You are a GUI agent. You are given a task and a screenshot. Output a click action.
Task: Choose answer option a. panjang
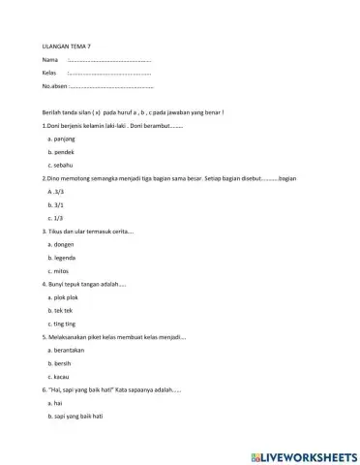coord(61,140)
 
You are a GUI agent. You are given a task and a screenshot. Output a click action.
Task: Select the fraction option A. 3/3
coord(55,193)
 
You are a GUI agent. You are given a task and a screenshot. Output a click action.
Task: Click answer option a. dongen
coord(61,245)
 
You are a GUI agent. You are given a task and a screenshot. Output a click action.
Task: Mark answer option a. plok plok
coord(63,297)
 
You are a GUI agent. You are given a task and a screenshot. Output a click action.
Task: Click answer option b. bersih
coord(59,362)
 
